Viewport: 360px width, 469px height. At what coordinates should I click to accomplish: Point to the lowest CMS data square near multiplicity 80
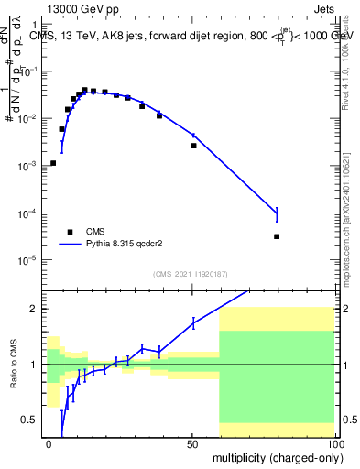277,236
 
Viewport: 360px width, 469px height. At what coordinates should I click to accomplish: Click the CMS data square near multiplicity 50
193,146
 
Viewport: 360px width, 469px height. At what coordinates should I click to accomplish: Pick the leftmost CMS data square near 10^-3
53,163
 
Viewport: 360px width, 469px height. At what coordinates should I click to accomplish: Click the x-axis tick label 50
192,443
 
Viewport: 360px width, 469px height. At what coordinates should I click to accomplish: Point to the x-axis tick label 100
333,443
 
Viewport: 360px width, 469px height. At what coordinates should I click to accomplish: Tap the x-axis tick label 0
49,443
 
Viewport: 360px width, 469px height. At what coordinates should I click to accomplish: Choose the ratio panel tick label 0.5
33,420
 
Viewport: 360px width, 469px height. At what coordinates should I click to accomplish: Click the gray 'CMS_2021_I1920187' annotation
191,274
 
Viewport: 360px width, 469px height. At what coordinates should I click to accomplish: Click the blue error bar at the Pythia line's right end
277,215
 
